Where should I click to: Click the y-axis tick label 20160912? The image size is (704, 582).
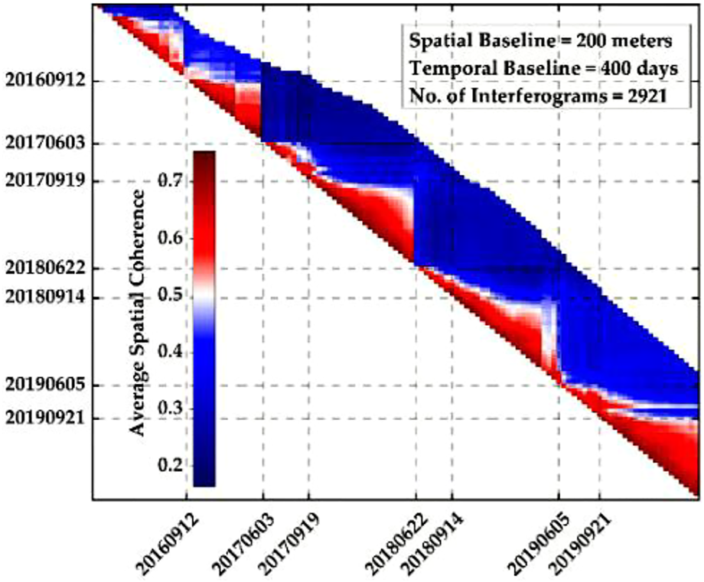45,80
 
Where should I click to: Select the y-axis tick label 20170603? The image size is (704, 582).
45,143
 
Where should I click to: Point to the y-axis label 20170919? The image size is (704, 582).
45,181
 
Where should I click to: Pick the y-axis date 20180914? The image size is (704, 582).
45,297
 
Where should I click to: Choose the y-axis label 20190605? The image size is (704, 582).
45,385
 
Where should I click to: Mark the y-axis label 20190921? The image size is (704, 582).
45,418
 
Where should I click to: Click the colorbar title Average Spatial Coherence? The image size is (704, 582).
138,314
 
